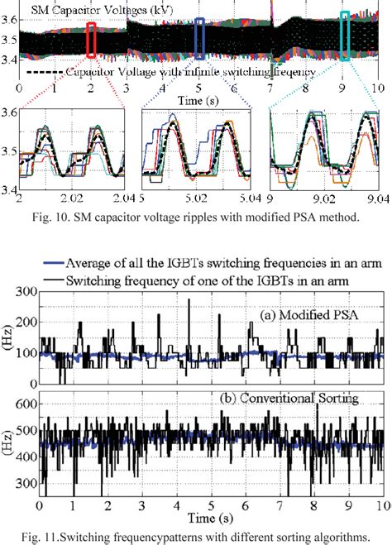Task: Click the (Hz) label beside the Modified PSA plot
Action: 7,339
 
